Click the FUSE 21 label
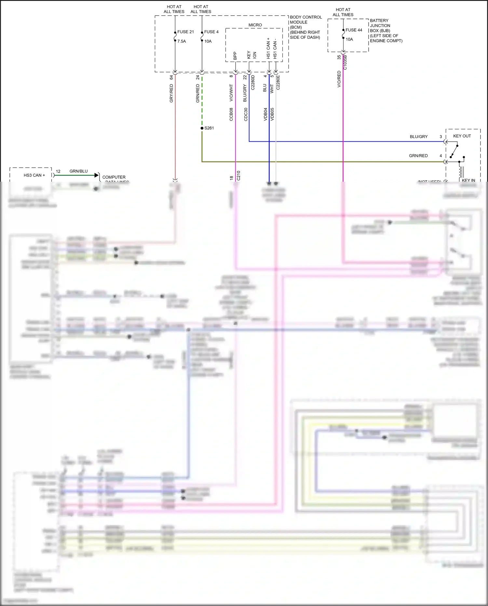click(x=185, y=32)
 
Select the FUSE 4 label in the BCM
click(x=211, y=32)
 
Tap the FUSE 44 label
click(x=354, y=30)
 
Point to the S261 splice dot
click(x=202, y=128)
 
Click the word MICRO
click(x=255, y=25)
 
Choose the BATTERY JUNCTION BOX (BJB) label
click(x=380, y=25)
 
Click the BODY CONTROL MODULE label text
click(x=305, y=20)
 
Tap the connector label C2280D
click(x=253, y=82)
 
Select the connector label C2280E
click(x=278, y=82)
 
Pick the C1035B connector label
click(x=345, y=63)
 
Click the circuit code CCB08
click(x=231, y=114)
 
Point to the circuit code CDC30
click(x=246, y=114)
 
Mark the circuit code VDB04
click(x=265, y=114)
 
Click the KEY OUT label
click(x=462, y=136)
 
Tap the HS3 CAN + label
click(x=34, y=175)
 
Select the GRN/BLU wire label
click(x=78, y=171)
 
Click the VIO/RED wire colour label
click(x=339, y=79)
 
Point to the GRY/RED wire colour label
click(x=171, y=93)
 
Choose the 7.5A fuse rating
click(x=182, y=41)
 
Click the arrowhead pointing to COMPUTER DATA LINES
click(x=96, y=175)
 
